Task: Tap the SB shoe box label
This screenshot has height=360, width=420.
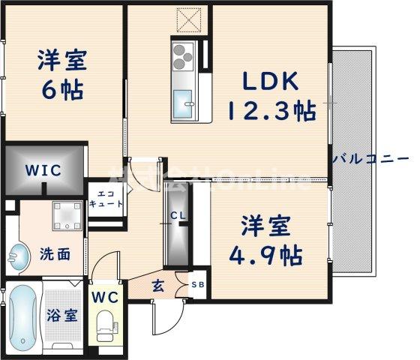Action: pos(196,285)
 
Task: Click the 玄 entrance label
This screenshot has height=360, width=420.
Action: pos(159,284)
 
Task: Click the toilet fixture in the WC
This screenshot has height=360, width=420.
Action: pos(104,326)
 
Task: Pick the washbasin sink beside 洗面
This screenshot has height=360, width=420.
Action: pos(16,257)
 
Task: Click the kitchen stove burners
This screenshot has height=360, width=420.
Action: pos(184,55)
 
